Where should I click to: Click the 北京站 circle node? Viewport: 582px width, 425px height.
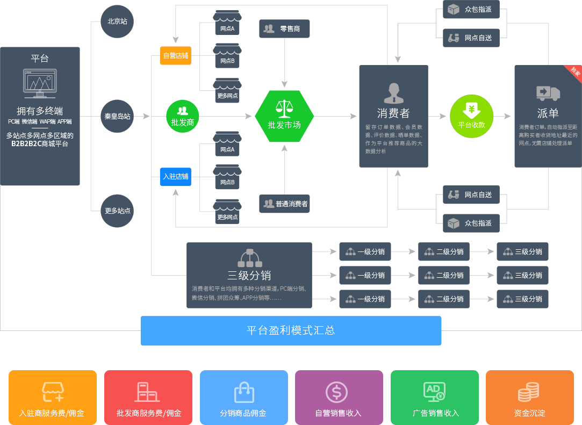[x=117, y=21]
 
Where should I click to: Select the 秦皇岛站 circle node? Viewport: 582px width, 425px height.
[x=117, y=116]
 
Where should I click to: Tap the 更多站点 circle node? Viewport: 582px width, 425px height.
[x=117, y=211]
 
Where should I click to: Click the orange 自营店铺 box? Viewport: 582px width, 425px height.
[x=176, y=56]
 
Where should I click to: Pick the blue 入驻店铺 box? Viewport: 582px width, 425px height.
[x=176, y=177]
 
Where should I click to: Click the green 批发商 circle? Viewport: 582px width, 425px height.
[x=183, y=116]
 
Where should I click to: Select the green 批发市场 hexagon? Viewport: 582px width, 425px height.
[x=284, y=116]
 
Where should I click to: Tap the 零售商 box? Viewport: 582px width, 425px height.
[x=284, y=28]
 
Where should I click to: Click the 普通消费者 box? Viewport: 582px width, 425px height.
[x=284, y=204]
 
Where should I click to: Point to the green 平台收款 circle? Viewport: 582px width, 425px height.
[x=471, y=116]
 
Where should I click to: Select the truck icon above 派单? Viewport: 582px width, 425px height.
[x=548, y=93]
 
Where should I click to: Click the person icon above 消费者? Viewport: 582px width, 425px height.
[x=394, y=93]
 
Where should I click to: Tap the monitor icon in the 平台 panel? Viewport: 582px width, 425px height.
[x=40, y=83]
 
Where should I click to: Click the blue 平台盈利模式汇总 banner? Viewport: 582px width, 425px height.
[x=291, y=331]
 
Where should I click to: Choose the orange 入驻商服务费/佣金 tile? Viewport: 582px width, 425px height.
[x=53, y=398]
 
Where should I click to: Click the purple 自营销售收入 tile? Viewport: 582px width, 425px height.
[x=339, y=398]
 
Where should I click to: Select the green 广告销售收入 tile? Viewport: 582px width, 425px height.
[x=435, y=398]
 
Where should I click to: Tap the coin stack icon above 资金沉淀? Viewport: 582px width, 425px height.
[x=529, y=392]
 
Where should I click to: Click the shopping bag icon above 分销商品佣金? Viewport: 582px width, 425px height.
[x=244, y=392]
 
